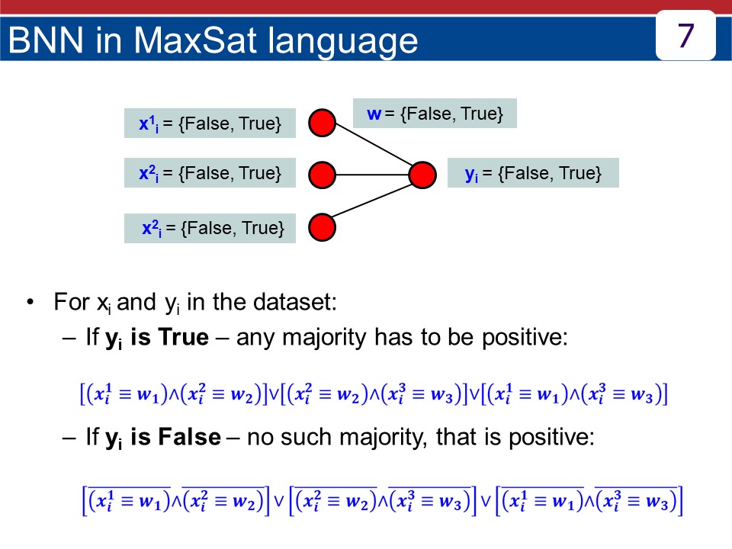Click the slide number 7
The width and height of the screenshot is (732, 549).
[685, 36]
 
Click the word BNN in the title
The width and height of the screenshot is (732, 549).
[45, 40]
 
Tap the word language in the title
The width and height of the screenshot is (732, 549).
[342, 42]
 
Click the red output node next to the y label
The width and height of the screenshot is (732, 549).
[422, 175]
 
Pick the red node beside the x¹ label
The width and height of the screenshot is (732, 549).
[322, 123]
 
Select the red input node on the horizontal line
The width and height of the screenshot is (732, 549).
[322, 175]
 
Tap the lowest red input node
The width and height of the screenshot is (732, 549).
[322, 227]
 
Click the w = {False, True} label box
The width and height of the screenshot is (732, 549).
[435, 114]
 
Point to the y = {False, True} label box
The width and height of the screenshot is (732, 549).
[533, 173]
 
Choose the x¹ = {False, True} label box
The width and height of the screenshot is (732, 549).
[210, 124]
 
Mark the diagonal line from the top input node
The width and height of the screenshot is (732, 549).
[374, 144]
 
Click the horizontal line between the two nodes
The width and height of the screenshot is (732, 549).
[372, 175]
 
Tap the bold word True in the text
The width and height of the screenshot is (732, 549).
[184, 336]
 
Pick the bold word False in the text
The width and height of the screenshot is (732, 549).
[190, 437]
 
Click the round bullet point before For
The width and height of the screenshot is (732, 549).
[30, 302]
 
